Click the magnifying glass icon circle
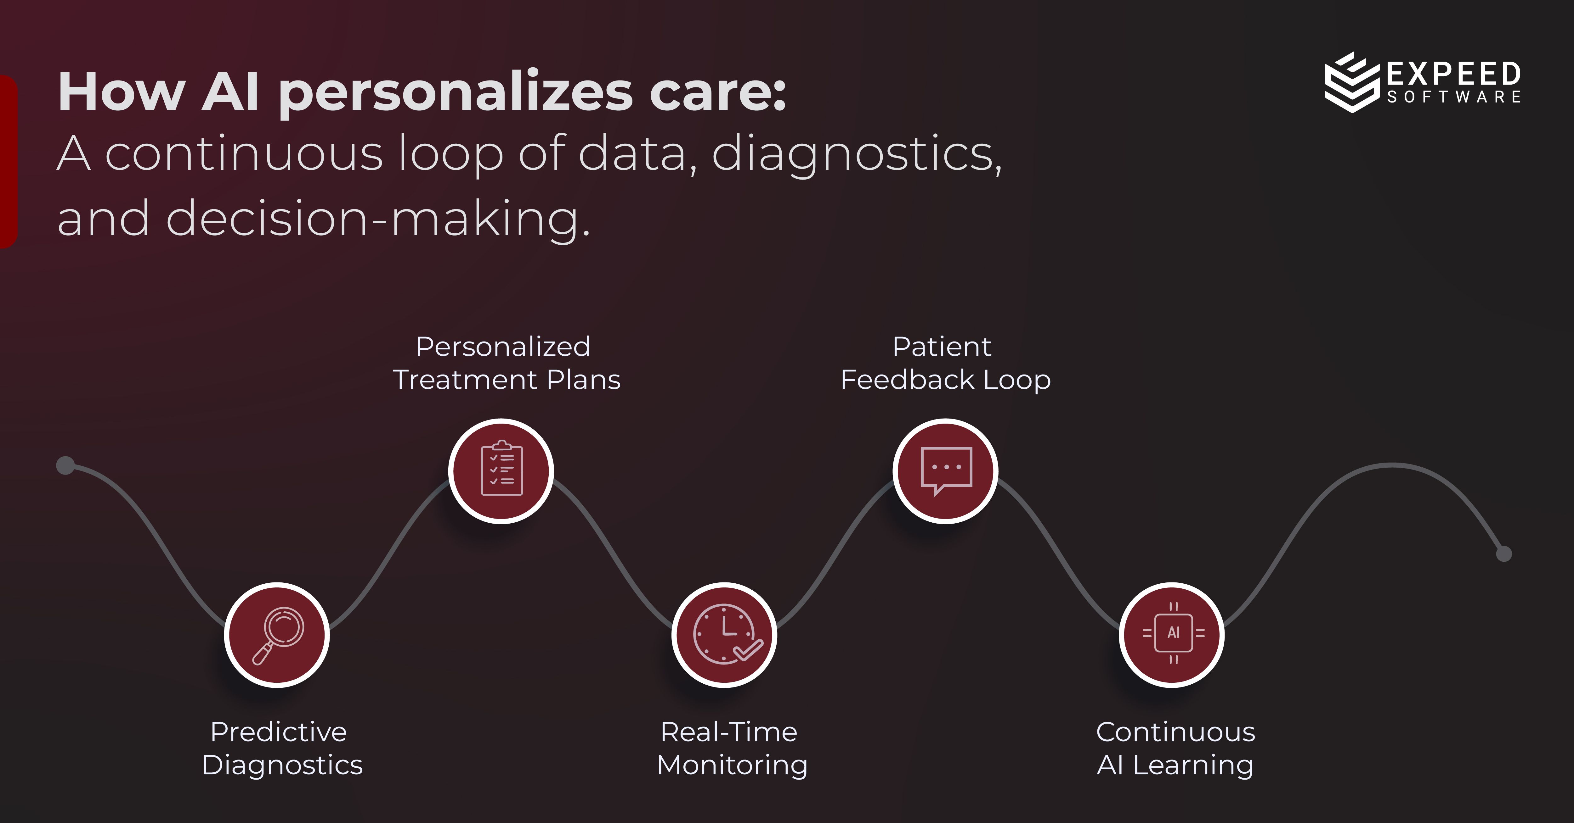click(x=277, y=635)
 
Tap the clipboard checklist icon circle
click(x=501, y=471)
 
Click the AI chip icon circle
click(x=1172, y=635)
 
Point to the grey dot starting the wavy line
click(x=65, y=465)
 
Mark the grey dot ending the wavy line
click(x=1504, y=554)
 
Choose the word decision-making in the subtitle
click(x=378, y=219)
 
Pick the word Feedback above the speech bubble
click(x=907, y=380)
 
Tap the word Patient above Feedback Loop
click(x=942, y=347)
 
